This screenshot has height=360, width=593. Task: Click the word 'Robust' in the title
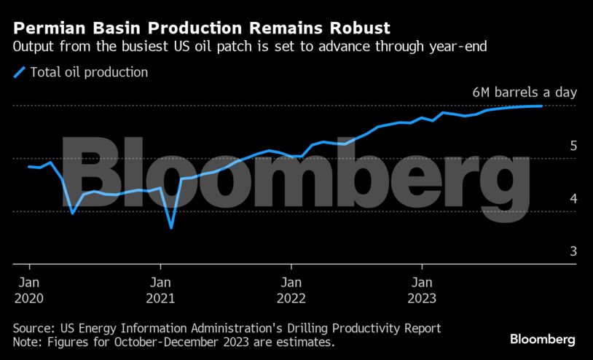point(357,28)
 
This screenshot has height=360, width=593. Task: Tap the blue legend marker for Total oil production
point(19,72)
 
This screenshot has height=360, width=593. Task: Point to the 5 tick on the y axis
point(573,146)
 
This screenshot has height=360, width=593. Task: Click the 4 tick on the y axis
point(573,198)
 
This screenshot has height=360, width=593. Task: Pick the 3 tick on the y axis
point(573,251)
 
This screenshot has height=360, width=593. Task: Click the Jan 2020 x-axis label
point(29,289)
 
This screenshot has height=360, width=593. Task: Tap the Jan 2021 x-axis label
point(160,289)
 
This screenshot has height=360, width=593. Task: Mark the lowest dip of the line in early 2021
point(171,228)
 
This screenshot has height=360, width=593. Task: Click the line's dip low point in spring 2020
point(72,213)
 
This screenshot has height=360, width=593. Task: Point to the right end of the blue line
point(541,106)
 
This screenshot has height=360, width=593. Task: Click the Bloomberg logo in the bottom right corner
point(542,340)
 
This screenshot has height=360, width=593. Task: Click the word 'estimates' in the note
point(305,342)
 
